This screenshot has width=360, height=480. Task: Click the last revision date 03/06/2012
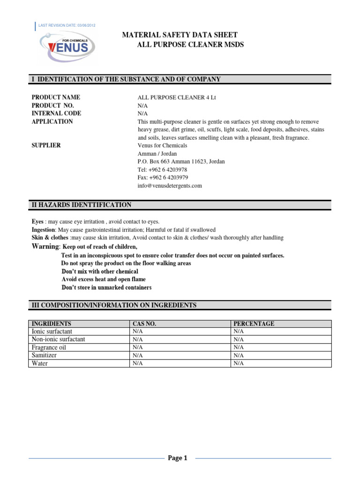tap(67, 25)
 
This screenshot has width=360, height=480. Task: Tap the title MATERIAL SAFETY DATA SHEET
tap(180, 35)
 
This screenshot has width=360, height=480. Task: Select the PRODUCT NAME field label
tap(56, 97)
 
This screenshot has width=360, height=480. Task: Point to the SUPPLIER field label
tap(46, 145)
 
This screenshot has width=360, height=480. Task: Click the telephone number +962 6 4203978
tap(162, 169)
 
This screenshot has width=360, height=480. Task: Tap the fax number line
tap(163, 177)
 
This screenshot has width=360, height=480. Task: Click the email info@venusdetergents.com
tap(170, 186)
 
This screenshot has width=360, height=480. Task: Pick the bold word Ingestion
tap(43, 230)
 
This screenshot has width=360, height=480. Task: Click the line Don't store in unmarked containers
tap(106, 287)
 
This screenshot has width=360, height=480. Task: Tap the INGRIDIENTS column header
tap(51, 324)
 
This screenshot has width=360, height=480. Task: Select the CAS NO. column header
tap(144, 324)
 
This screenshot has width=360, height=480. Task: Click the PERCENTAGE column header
tap(254, 324)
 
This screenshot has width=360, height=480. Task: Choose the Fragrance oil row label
tap(49, 347)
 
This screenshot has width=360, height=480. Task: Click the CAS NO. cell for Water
tap(138, 363)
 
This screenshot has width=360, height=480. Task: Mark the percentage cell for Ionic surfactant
tap(239, 331)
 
